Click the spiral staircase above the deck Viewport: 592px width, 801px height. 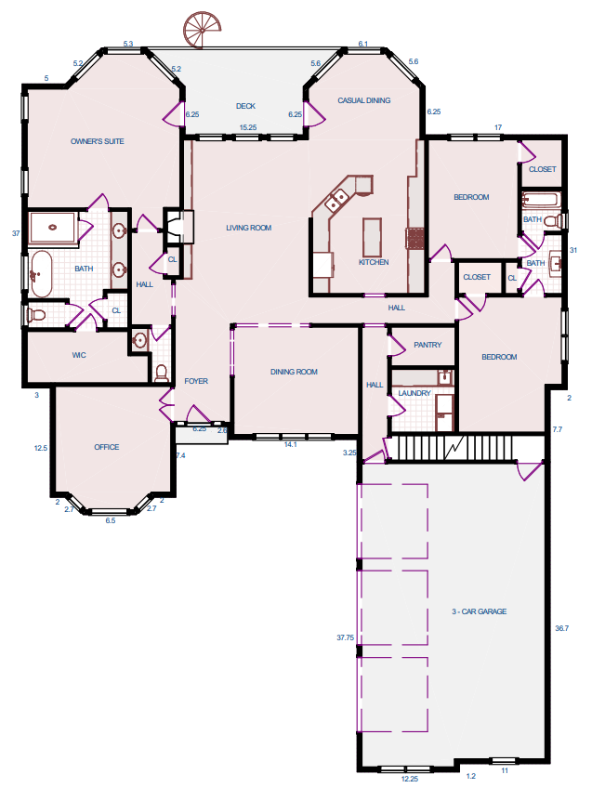coord(203,30)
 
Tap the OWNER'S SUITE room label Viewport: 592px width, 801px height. coord(97,141)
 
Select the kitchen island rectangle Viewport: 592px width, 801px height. coord(372,238)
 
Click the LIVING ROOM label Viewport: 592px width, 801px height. coord(249,228)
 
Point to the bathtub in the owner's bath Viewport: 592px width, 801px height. coord(42,274)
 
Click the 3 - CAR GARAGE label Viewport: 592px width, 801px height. coord(480,611)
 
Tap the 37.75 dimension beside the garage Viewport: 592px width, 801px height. coord(346,637)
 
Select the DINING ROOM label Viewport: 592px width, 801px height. coord(294,372)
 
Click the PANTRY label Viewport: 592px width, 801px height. coord(428,345)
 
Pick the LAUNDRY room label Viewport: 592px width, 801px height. coord(414,393)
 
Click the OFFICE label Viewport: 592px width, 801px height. coord(107,447)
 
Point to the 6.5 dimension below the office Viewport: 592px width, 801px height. coord(111,520)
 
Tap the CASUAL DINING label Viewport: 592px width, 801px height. coord(364,100)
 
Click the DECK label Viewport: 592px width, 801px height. coord(245,106)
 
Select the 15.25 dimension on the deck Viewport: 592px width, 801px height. coord(248,127)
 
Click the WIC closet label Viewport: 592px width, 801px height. coord(79,355)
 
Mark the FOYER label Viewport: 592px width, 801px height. coord(196,381)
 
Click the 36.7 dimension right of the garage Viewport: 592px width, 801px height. coord(562,628)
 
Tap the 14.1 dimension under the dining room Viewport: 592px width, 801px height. coord(290,444)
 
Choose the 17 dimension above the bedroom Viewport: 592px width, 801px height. coord(498,127)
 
